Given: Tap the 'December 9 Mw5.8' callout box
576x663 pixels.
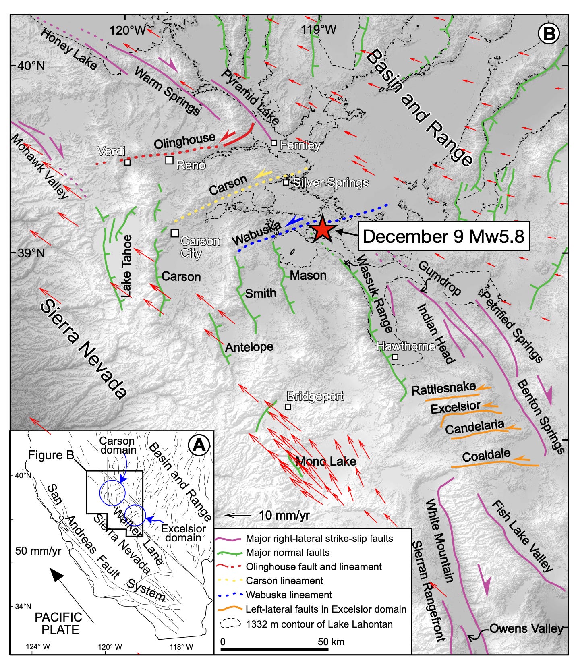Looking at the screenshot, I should (443, 236).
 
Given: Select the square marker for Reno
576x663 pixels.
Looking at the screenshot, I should (170, 160).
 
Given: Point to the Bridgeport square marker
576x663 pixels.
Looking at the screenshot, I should (288, 406).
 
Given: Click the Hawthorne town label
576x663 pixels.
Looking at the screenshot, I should (406, 346).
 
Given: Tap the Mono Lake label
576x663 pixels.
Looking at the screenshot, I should (326, 461).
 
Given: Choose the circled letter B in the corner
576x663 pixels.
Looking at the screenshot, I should (549, 35).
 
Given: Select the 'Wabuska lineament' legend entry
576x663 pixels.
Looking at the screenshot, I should (289, 595).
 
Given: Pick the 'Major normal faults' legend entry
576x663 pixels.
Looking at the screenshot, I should (288, 552).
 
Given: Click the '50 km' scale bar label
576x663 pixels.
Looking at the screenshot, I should (331, 642).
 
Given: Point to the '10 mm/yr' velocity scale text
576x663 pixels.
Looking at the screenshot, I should (284, 515).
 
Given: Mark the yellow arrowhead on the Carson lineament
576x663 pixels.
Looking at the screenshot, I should (262, 174).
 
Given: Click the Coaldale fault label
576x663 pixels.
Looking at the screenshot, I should (486, 455).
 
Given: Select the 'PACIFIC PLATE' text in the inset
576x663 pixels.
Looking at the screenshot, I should (58, 623).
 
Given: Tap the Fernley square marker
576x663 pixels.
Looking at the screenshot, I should (274, 143).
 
